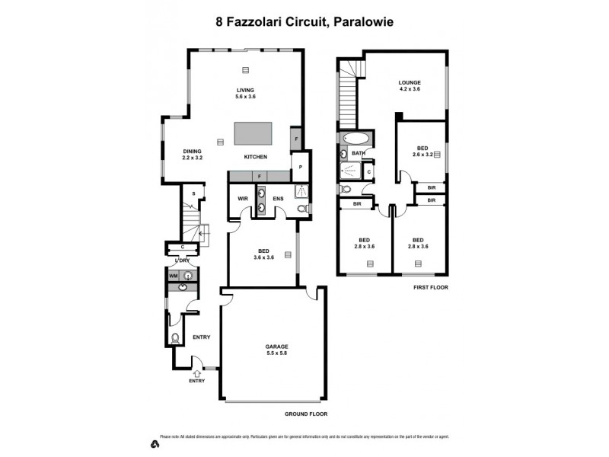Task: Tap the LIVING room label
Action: click(x=245, y=94)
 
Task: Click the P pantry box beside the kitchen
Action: click(x=301, y=168)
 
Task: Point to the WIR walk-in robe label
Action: click(x=243, y=200)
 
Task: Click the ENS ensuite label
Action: click(x=279, y=200)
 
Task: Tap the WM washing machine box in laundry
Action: click(x=173, y=275)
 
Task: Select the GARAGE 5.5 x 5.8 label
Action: click(x=276, y=350)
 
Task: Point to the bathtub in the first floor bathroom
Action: click(x=356, y=139)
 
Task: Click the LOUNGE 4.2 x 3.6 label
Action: click(x=410, y=86)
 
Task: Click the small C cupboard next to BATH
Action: click(x=368, y=171)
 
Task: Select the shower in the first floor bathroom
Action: click(x=351, y=171)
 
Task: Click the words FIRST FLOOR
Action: click(x=430, y=288)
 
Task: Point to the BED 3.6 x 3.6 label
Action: click(x=263, y=254)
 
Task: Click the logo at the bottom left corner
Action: click(x=155, y=443)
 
